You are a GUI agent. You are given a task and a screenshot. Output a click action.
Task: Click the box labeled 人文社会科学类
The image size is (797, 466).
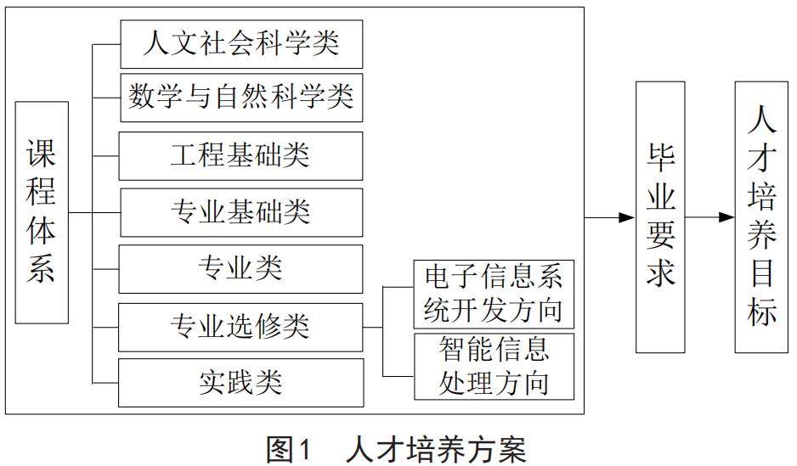click(x=241, y=45)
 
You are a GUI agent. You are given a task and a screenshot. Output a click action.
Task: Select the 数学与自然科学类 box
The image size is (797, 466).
click(x=241, y=98)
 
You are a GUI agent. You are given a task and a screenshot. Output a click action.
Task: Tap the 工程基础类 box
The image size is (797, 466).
click(x=241, y=155)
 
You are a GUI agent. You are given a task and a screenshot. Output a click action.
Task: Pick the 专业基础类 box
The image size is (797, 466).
click(x=241, y=212)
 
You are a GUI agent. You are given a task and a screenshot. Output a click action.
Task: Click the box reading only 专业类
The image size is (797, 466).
click(x=241, y=269)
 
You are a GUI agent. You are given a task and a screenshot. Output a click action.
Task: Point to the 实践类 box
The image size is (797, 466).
click(x=241, y=383)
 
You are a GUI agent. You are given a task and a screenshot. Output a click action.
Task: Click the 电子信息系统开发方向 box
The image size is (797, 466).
click(x=494, y=294)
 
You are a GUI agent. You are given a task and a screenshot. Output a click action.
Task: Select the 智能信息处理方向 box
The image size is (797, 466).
click(x=494, y=367)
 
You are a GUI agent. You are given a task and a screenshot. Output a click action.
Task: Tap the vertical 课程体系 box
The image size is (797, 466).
click(x=42, y=212)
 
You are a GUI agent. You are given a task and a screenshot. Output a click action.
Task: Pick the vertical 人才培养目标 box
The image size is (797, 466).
click(x=762, y=216)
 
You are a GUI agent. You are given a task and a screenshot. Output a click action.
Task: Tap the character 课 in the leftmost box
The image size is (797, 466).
click(x=42, y=154)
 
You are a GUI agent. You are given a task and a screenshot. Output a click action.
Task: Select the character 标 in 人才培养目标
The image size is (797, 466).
click(x=762, y=312)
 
